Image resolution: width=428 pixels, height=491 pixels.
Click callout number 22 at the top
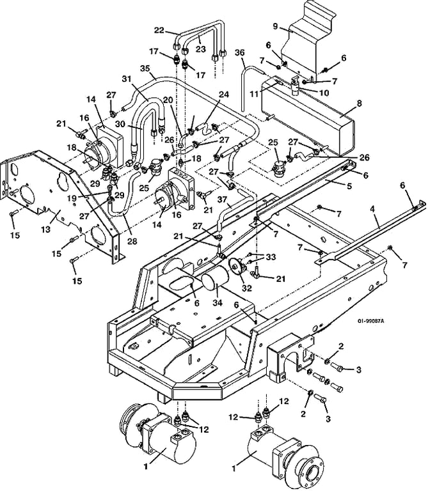click(159, 29)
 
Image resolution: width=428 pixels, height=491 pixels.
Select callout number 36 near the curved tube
click(240, 52)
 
